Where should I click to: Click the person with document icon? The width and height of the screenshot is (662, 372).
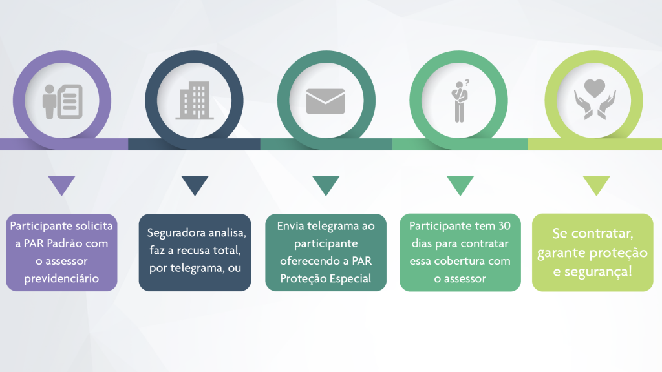(63, 101)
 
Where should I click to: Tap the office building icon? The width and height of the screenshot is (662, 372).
(195, 100)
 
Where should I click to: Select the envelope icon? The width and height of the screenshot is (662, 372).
(326, 101)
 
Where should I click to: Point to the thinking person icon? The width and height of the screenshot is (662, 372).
(460, 101)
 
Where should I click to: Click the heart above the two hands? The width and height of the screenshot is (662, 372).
(595, 88)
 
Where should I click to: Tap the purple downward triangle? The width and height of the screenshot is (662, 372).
(61, 185)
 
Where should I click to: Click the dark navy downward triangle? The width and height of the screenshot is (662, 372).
(195, 185)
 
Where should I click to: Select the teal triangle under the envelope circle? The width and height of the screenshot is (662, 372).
(326, 185)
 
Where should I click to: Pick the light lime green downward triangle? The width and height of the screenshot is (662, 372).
(597, 185)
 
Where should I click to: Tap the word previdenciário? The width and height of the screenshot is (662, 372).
(61, 279)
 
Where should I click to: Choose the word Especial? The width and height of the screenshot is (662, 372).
(351, 278)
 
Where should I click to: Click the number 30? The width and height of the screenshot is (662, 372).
(504, 226)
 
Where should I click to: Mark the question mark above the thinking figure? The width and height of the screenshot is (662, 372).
(467, 83)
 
